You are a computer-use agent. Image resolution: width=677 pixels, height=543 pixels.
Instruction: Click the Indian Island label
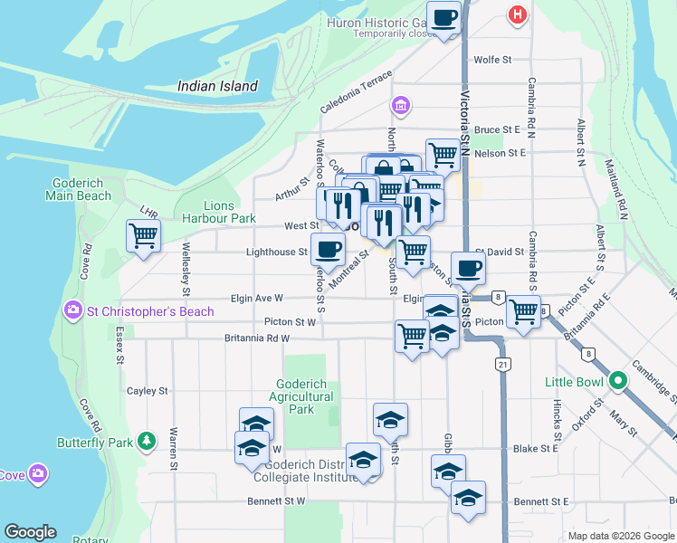point(217,87)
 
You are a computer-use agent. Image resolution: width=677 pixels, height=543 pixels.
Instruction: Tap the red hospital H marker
point(518,14)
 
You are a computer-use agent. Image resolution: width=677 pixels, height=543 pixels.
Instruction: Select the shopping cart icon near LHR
point(143,236)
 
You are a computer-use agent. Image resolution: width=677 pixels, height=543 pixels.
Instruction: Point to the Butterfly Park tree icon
point(147,442)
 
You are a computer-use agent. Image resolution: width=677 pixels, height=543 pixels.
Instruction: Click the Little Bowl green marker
point(618,381)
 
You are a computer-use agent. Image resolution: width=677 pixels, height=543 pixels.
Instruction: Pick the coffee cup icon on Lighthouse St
point(328,248)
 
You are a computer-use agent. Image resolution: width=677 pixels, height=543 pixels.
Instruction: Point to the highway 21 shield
point(501,363)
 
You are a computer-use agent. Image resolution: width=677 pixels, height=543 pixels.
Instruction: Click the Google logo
point(30,532)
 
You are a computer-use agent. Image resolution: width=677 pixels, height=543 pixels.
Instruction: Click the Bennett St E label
point(540,500)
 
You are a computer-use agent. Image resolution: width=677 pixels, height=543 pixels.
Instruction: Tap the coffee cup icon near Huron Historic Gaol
point(444,19)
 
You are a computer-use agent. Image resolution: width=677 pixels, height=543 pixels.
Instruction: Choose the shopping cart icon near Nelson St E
point(442,154)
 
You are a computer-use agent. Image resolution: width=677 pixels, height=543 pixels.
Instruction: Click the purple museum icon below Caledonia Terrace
point(400,108)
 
